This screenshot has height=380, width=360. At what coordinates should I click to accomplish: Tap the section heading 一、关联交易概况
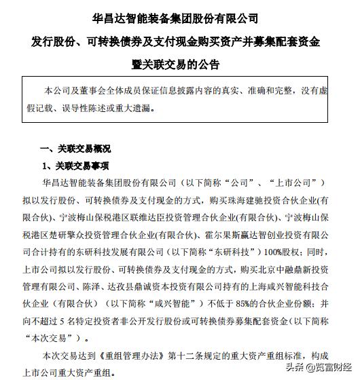(x=75, y=149)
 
